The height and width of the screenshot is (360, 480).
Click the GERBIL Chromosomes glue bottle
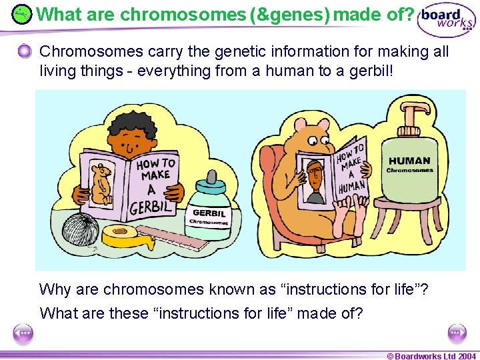pyautogui.click(x=210, y=210)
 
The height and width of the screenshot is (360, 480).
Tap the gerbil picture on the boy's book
pyautogui.click(x=101, y=183)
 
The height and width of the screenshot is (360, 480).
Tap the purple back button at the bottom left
pyautogui.click(x=23, y=333)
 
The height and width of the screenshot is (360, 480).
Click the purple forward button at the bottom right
pyautogui.click(x=457, y=333)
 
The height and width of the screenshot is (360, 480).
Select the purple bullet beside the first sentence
pyautogui.click(x=25, y=51)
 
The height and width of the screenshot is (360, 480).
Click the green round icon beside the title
pyautogui.click(x=22, y=13)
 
